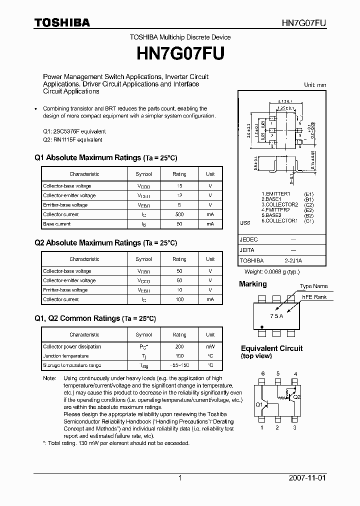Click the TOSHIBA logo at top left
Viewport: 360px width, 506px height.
point(62,22)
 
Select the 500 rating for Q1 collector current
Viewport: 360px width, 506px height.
point(179,214)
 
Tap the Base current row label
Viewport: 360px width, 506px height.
point(56,224)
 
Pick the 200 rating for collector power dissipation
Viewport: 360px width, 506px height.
point(179,346)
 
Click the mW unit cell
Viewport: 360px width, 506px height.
point(210,346)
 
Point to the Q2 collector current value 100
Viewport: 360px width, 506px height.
point(179,299)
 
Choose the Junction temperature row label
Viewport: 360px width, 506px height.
point(65,356)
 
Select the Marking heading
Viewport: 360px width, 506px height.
point(253,284)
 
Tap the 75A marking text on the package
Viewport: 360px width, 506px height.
point(276,316)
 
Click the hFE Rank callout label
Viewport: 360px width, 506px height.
point(314,297)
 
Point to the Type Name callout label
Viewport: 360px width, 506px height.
point(313,286)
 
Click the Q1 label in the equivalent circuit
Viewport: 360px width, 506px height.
point(259,404)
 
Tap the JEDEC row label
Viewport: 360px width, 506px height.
point(248,239)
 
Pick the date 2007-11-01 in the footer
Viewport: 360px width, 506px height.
point(307,478)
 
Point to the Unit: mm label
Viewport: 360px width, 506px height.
point(314,85)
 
